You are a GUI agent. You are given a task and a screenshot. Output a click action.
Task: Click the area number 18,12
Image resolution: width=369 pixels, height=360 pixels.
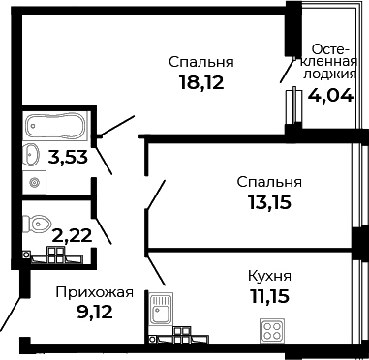pyautogui.click(x=200, y=83)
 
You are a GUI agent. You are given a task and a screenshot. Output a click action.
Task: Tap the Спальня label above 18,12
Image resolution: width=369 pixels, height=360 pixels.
pyautogui.click(x=201, y=63)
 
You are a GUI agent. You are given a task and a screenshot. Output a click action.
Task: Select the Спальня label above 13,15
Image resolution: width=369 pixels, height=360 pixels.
pyautogui.click(x=268, y=181)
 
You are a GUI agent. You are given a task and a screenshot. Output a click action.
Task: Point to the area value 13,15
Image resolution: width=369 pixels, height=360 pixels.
pyautogui.click(x=268, y=202)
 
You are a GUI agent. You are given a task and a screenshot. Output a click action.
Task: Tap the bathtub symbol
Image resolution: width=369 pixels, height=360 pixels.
pyautogui.click(x=55, y=125)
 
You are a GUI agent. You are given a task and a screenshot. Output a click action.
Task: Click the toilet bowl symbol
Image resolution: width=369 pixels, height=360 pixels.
pyautogui.click(x=39, y=223)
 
